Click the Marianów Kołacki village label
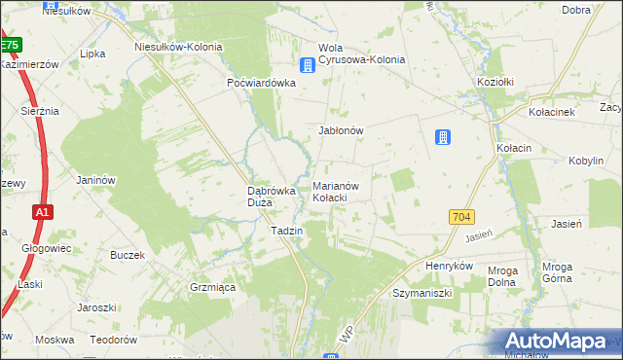pyautogui.click(x=338, y=191)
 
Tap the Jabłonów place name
pyautogui.click(x=341, y=129)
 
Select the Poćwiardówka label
pyautogui.click(x=261, y=83)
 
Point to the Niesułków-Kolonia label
pyautogui.click(x=178, y=47)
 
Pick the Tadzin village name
pyautogui.click(x=287, y=231)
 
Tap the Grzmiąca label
pyautogui.click(x=209, y=287)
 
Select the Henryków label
pyautogui.click(x=449, y=266)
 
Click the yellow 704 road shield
pyautogui.click(x=462, y=218)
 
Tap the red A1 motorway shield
pyautogui.click(x=41, y=211)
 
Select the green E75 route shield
pyautogui.click(x=10, y=45)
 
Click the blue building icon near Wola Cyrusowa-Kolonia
pyautogui.click(x=307, y=65)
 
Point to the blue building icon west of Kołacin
pyautogui.click(x=443, y=137)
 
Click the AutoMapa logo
pyautogui.click(x=560, y=341)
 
